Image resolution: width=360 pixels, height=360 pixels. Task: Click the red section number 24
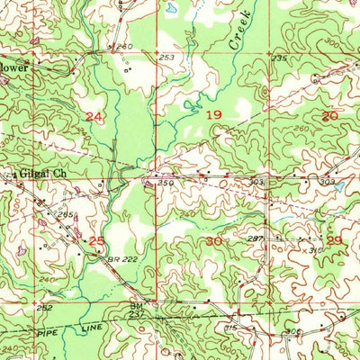[x=94, y=117]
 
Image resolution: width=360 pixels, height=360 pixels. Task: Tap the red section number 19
[x=214, y=115]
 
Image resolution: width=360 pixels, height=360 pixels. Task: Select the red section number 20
[x=329, y=115]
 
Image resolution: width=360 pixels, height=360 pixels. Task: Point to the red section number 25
[x=97, y=239]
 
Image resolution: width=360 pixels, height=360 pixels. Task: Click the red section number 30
[x=214, y=241]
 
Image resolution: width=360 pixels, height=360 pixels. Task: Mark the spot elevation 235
[x=279, y=58]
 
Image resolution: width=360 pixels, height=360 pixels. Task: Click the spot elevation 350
[x=166, y=183]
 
